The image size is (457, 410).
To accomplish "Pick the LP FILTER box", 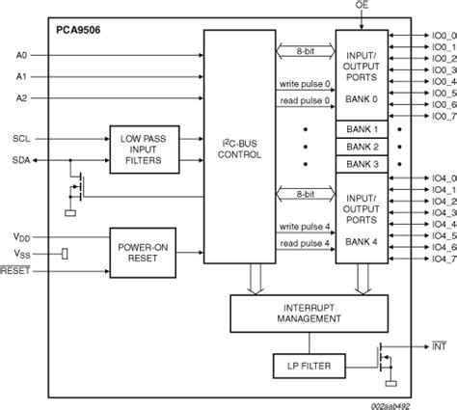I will click(x=309, y=368).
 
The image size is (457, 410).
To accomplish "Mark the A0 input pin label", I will click(x=21, y=56).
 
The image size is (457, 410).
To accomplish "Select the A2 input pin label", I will click(x=21, y=97).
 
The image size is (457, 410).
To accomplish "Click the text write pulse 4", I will click(x=304, y=228).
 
